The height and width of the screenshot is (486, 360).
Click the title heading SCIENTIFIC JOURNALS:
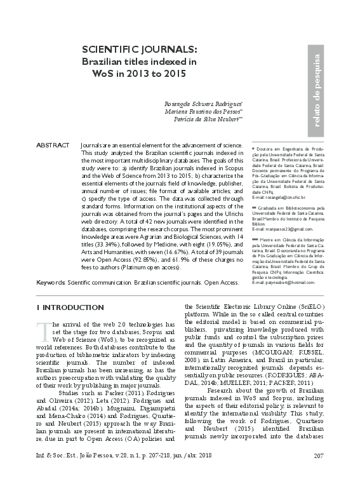139,50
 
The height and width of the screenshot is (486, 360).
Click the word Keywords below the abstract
50,281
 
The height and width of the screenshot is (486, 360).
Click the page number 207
319,473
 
